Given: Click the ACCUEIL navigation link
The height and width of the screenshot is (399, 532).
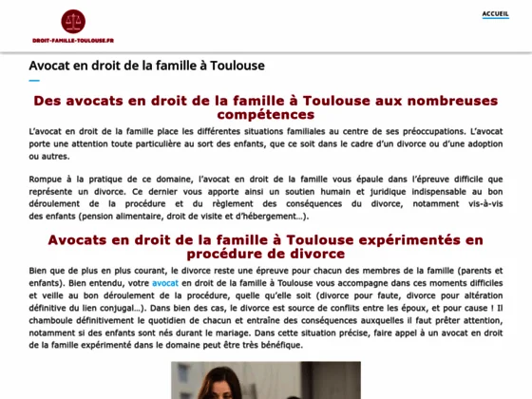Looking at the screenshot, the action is click(495, 14).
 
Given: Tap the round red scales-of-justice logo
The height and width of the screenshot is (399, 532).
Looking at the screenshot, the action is click(72, 21).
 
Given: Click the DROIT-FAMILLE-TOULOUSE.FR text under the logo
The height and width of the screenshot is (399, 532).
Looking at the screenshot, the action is click(72, 42).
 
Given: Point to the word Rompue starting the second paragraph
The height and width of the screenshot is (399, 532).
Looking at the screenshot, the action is click(46, 178).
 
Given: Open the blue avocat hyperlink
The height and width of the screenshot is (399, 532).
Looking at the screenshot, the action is click(165, 283).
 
